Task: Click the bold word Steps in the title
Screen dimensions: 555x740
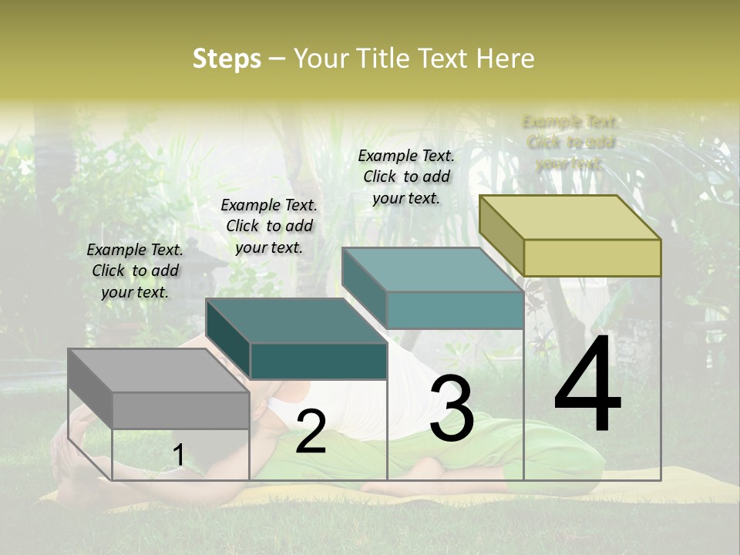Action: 227,59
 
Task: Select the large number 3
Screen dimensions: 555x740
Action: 452,409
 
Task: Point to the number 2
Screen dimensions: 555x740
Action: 311,432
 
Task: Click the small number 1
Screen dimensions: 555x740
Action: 178,455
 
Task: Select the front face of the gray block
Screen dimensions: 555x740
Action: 181,410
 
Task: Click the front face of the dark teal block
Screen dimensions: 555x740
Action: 318,361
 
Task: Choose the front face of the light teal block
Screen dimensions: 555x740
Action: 455,311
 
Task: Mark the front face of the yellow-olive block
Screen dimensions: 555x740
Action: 592,257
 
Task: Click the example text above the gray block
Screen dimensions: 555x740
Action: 135,271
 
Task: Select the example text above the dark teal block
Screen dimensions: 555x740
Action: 269,226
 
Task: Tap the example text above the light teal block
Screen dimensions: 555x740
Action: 406,177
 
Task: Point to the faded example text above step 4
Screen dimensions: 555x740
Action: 570,143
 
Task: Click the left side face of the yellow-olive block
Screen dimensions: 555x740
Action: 501,235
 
